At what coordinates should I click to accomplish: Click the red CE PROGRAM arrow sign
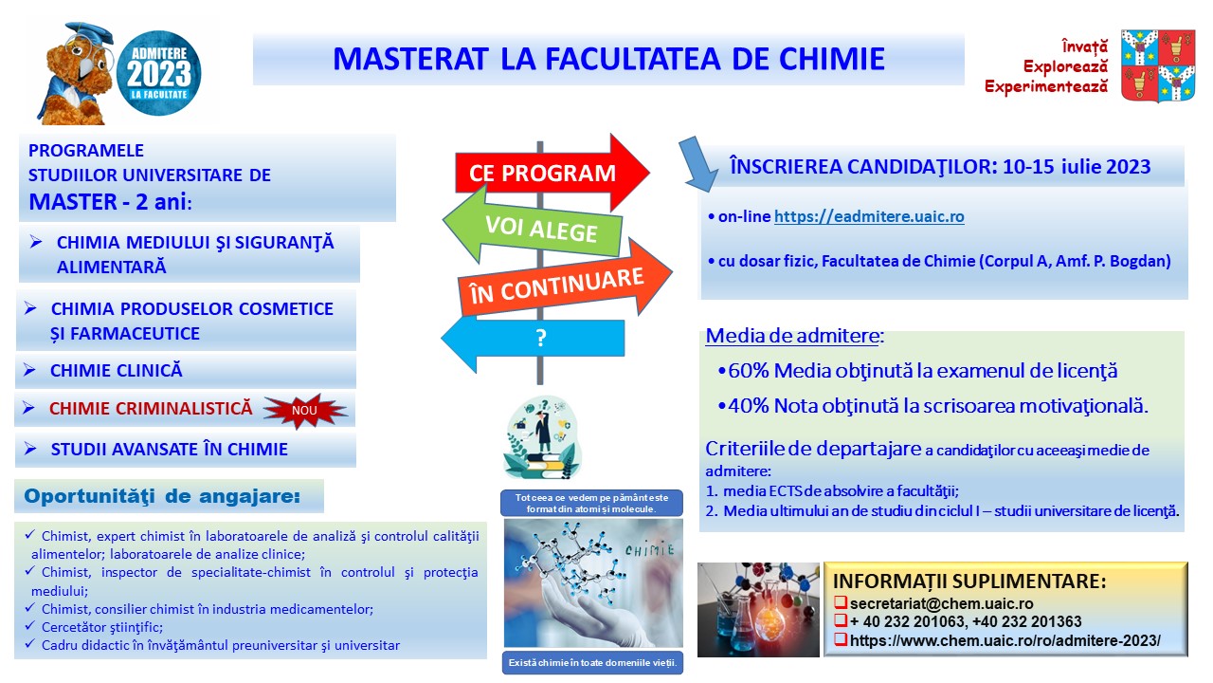pos(552,173)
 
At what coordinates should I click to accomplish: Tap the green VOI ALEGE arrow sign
pos(534,228)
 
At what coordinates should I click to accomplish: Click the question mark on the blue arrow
pos(541,339)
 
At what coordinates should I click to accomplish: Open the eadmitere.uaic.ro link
pos(869,216)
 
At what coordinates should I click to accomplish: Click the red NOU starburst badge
pos(305,411)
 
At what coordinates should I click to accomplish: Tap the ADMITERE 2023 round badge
pos(159,73)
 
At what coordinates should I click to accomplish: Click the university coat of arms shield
pos(1158,65)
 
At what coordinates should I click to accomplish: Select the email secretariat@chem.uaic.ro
pos(941,603)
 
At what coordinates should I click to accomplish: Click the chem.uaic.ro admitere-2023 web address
pos(1005,640)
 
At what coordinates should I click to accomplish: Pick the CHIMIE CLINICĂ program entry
pos(117,371)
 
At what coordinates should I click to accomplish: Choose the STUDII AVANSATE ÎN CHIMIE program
pos(170,450)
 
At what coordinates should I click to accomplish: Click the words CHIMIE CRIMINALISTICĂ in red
pos(151,408)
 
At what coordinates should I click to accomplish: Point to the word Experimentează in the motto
pos(1046,86)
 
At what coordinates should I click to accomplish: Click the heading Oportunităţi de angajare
pos(162,496)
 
